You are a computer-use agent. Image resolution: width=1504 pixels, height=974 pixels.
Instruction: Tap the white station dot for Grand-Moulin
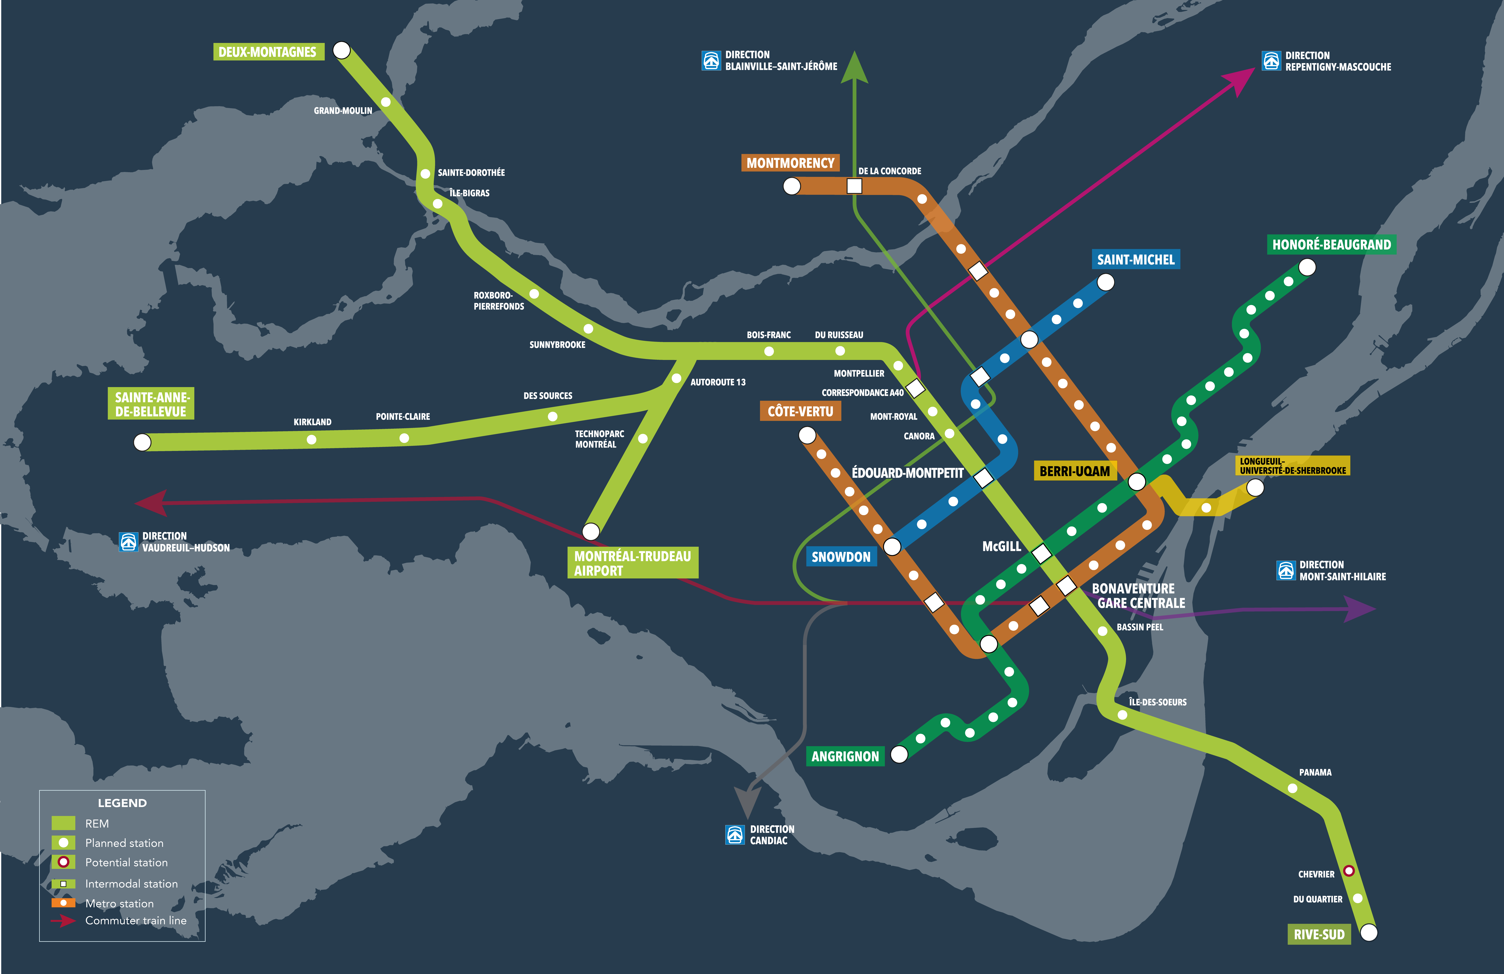[385, 102]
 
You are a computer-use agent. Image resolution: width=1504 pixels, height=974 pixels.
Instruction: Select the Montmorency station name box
[790, 163]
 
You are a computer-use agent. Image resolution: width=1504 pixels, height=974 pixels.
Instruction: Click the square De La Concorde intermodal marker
[854, 186]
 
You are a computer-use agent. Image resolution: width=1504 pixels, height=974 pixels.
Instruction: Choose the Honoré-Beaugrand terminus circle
[1307, 267]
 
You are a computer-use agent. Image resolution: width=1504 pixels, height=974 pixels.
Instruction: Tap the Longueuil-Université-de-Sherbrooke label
[1292, 466]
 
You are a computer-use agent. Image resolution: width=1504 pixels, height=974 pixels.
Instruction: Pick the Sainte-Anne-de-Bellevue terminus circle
[142, 442]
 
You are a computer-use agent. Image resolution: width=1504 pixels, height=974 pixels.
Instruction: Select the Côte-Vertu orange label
[800, 412]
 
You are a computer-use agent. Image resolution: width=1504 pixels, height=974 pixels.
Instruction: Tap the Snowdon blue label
[840, 557]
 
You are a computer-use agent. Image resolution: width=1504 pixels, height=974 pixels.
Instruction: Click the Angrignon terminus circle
[899, 754]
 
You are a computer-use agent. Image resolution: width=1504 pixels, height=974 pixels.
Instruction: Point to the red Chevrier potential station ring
[1348, 871]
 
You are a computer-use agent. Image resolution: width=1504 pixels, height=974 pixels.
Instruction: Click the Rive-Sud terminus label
[1319, 934]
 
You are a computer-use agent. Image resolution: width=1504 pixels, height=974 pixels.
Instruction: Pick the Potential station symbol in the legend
[63, 862]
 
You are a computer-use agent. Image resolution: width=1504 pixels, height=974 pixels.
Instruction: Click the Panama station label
[1315, 772]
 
